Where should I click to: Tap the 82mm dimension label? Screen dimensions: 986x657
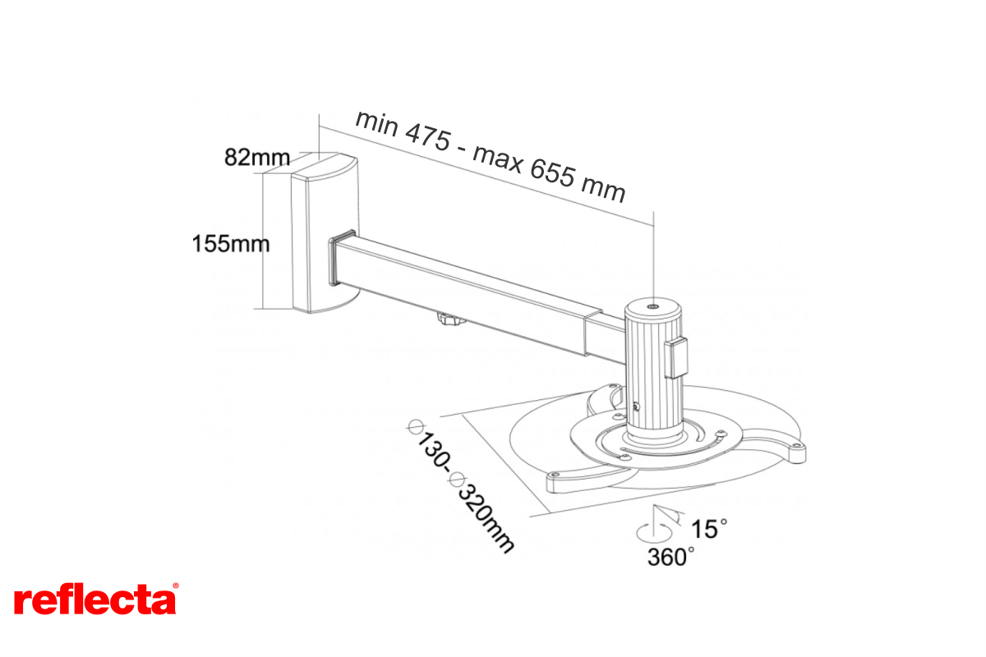[257, 157]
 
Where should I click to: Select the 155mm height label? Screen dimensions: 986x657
[231, 243]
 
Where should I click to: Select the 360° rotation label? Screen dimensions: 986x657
[670, 557]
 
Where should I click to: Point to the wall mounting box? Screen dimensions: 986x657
[325, 233]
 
